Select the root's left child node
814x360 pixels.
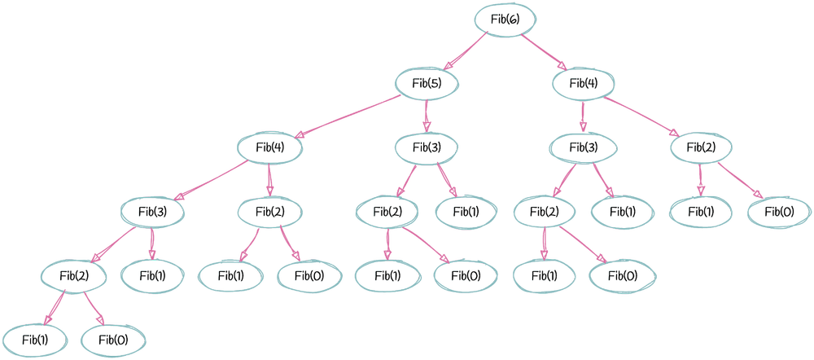click(426, 83)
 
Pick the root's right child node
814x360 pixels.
click(582, 83)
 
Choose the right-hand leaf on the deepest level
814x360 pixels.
click(115, 339)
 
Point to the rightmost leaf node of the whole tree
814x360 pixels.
click(777, 213)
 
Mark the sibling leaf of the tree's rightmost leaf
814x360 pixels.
click(700, 213)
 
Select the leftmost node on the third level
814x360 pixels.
click(269, 148)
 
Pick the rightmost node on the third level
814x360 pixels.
click(701, 148)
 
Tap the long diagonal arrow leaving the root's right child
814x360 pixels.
click(643, 116)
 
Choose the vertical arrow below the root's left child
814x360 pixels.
click(426, 116)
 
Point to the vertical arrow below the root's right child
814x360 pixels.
click(582, 116)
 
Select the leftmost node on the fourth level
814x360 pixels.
click(151, 213)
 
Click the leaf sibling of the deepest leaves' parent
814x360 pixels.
click(151, 275)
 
